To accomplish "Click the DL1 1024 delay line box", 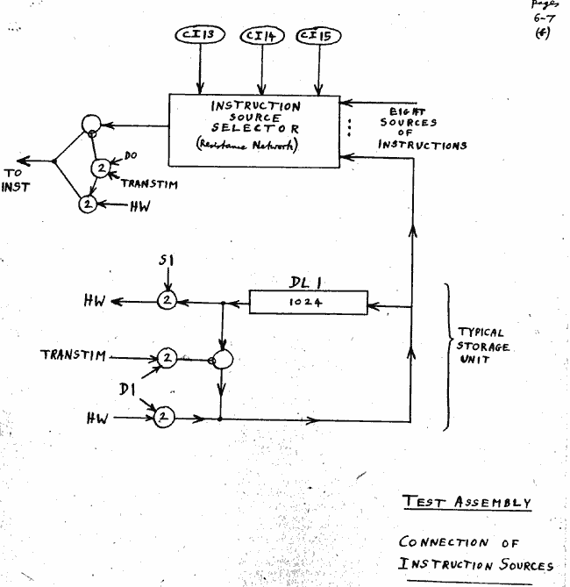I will pyautogui.click(x=309, y=303).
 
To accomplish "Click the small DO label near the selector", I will pyautogui.click(x=131, y=154).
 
